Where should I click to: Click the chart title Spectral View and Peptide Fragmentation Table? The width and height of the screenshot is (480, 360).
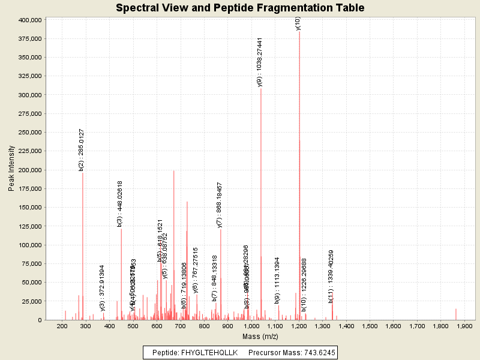coord(240,8)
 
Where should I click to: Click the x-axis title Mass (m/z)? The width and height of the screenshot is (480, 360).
coord(260,338)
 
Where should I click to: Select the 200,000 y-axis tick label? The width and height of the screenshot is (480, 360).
coord(29,170)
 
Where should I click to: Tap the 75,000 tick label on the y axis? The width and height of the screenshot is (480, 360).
coord(31,263)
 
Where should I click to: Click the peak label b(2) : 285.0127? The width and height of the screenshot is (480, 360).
coord(82,149)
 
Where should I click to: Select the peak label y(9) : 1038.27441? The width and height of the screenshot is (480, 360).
coord(260,62)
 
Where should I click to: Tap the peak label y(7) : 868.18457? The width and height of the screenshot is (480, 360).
coord(220,205)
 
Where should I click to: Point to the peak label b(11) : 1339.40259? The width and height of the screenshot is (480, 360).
coord(331,277)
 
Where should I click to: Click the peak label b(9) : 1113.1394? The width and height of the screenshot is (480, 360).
coord(277,281)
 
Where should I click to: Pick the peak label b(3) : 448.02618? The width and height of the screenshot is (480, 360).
coord(120,204)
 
